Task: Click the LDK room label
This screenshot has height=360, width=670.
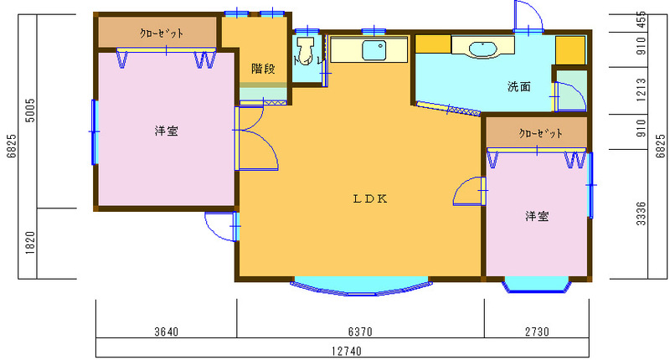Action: [370, 198]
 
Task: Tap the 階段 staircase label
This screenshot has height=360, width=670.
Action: [263, 69]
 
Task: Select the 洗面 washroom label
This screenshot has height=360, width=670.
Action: [519, 87]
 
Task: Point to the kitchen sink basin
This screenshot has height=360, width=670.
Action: [374, 50]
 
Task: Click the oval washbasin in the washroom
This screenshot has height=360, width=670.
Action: [483, 49]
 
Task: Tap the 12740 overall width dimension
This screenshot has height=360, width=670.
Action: [347, 351]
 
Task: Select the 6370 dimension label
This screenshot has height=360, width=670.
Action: [360, 332]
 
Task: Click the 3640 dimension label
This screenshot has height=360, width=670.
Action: [167, 332]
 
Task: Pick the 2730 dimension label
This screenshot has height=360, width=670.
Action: [537, 332]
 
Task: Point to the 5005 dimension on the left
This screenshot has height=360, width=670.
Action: [30, 111]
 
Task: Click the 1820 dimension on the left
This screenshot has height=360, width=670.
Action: [30, 243]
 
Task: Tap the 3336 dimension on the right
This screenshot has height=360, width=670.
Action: [641, 213]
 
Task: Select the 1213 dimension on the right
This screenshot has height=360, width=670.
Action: [641, 90]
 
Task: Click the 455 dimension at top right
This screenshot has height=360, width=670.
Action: [641, 20]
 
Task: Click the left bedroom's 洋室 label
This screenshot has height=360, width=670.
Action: [166, 131]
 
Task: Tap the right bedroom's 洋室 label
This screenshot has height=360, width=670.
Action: [537, 216]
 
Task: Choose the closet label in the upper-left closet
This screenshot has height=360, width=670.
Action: [162, 33]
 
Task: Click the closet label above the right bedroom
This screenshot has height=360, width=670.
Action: [540, 133]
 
